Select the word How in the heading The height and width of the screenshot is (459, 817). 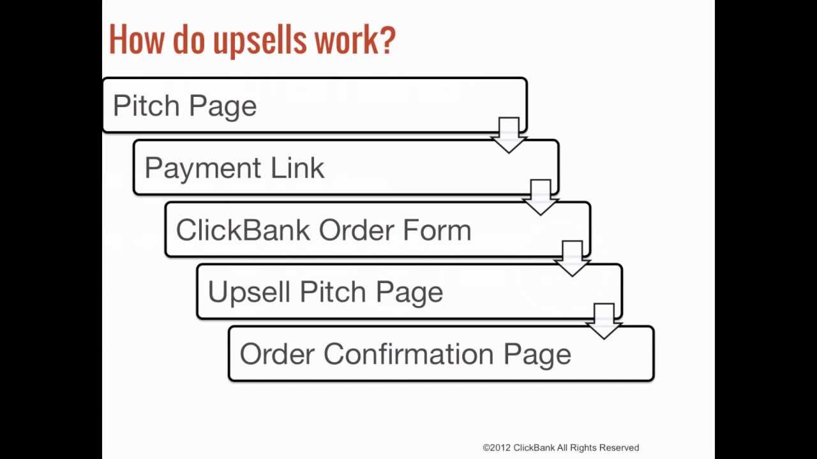[x=137, y=40]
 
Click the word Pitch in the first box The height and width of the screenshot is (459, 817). [x=146, y=106]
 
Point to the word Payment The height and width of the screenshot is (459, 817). [x=202, y=169]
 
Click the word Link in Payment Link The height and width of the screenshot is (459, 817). [x=297, y=168]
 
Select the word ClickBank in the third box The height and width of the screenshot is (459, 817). [x=243, y=230]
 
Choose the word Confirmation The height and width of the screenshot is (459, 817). [x=408, y=354]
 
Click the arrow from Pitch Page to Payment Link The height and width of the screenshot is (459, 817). [x=509, y=135]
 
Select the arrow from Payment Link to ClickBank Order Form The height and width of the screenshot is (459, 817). [x=541, y=197]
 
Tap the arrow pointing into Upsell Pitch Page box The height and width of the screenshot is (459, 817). [x=572, y=259]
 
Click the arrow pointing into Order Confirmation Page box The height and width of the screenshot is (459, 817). [x=604, y=321]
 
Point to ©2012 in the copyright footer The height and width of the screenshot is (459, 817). [x=497, y=448]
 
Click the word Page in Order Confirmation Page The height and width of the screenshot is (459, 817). [x=537, y=354]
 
